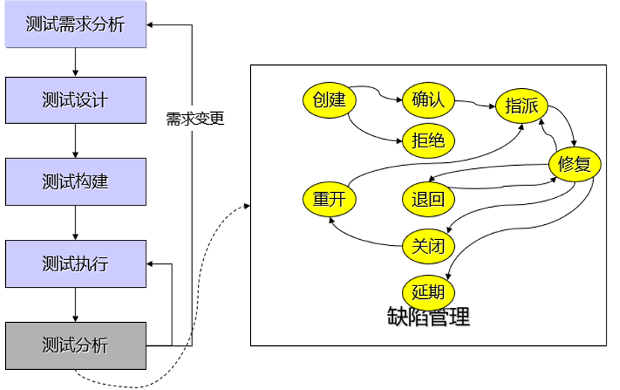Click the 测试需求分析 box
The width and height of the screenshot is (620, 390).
75,25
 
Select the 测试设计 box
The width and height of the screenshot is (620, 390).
75,100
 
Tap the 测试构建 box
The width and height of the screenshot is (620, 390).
75,182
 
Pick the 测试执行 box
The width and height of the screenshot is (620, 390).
75,264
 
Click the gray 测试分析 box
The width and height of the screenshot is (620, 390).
75,345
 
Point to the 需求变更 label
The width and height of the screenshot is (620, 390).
194,119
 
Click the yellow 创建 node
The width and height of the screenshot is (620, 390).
329,99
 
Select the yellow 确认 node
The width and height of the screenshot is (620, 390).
428,99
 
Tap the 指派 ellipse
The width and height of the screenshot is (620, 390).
521,105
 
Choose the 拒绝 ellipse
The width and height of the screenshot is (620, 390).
428,140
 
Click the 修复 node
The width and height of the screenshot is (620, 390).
574,164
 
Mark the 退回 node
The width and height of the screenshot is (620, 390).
428,199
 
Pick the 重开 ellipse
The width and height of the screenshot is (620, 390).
329,199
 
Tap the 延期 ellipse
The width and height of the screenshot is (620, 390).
428,290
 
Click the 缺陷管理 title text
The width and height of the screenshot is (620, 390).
429,317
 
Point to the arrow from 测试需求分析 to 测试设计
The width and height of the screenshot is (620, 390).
75,62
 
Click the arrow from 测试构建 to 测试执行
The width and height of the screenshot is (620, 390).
75,223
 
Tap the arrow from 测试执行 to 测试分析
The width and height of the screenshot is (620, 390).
75,305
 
